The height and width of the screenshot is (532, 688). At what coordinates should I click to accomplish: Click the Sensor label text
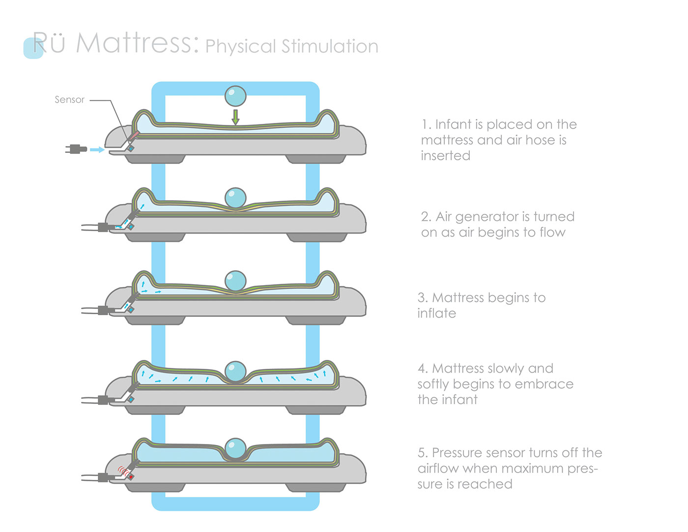69,100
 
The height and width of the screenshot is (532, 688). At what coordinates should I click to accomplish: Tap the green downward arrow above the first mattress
235,117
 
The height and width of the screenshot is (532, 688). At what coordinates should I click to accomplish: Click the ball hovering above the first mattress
235,96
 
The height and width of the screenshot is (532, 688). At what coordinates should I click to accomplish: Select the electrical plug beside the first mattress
76,149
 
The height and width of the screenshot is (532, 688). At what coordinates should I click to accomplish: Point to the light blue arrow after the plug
97,149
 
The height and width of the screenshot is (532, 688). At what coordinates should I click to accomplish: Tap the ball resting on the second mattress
235,198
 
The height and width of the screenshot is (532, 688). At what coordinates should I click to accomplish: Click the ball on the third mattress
235,281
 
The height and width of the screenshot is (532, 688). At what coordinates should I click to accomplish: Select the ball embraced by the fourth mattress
235,371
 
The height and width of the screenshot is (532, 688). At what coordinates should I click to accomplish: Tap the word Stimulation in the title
330,46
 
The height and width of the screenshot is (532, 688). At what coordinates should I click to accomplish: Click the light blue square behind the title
33,48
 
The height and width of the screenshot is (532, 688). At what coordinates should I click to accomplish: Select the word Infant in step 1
454,124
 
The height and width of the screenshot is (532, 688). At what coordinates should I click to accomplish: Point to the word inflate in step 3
436,313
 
